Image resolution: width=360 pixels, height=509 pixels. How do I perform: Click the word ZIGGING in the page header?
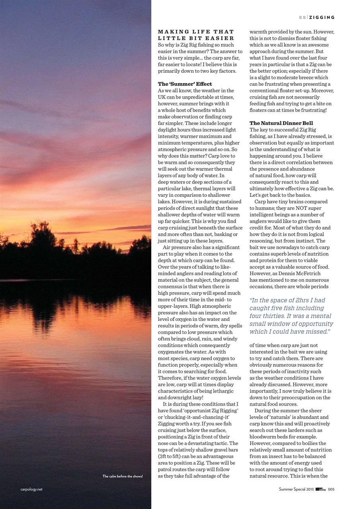(322, 17)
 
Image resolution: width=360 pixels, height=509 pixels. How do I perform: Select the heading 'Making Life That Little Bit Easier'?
(196, 35)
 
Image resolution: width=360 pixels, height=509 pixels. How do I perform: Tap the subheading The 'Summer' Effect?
(185, 84)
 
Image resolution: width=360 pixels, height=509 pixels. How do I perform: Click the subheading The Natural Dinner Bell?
(281, 123)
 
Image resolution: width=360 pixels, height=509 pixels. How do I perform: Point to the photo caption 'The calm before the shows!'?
(123, 476)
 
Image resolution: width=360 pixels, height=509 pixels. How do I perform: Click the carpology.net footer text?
(31, 490)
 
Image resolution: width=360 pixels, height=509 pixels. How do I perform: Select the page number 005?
(331, 490)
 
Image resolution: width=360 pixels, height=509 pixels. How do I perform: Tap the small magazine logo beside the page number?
(321, 490)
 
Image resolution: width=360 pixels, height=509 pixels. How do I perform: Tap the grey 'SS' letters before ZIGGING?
(302, 17)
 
